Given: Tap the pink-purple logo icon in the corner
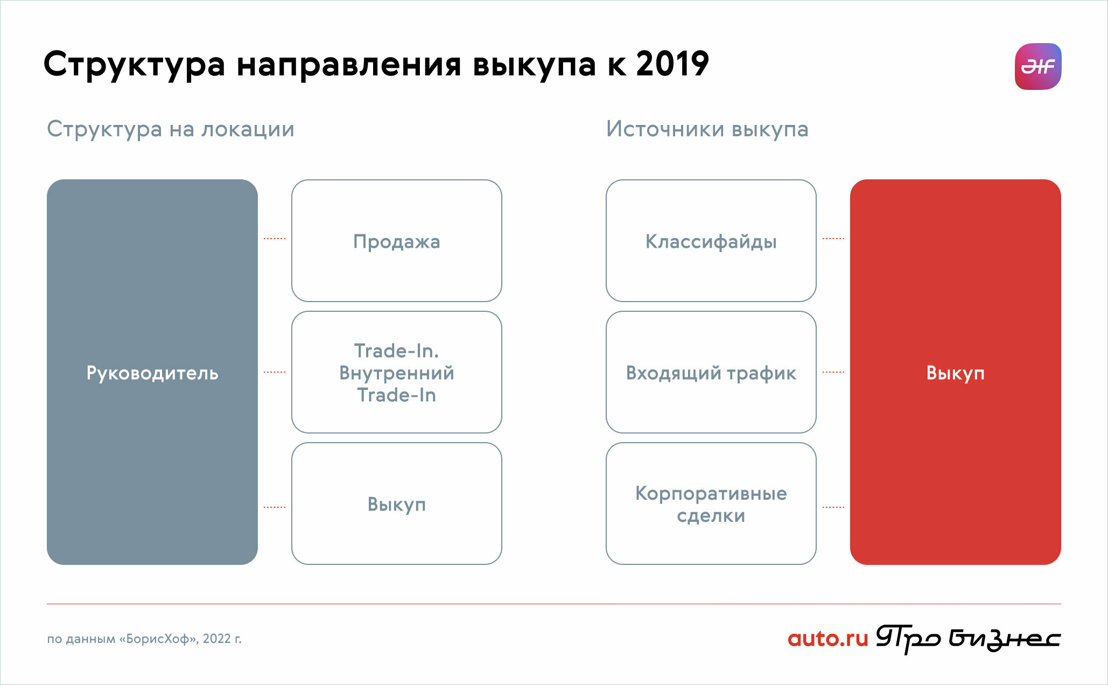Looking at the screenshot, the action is pyautogui.click(x=1037, y=66).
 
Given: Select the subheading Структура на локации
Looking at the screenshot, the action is pyautogui.click(x=171, y=130).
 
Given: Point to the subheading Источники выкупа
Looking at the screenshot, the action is pyautogui.click(x=707, y=130).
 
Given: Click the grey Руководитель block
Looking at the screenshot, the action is pyautogui.click(x=152, y=372).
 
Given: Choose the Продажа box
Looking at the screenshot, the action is pyautogui.click(x=397, y=241).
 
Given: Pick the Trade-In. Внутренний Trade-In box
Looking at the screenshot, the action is pyautogui.click(x=397, y=372).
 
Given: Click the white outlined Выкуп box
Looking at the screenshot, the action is pyautogui.click(x=397, y=504).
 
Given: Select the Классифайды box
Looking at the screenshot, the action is pyautogui.click(x=711, y=241).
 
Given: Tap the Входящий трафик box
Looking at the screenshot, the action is pyautogui.click(x=711, y=372).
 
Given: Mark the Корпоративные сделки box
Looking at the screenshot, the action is pyautogui.click(x=711, y=504).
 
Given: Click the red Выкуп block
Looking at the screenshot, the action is pyautogui.click(x=956, y=372).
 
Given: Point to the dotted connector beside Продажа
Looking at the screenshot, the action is pyautogui.click(x=275, y=238).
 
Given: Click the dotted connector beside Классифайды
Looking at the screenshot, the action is pyautogui.click(x=833, y=238).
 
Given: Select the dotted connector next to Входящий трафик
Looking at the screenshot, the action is pyautogui.click(x=833, y=372).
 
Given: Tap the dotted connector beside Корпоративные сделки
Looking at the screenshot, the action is pyautogui.click(x=833, y=507).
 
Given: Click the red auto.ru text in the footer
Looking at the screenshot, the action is pyautogui.click(x=828, y=639).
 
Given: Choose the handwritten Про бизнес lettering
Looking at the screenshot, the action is pyautogui.click(x=968, y=639).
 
